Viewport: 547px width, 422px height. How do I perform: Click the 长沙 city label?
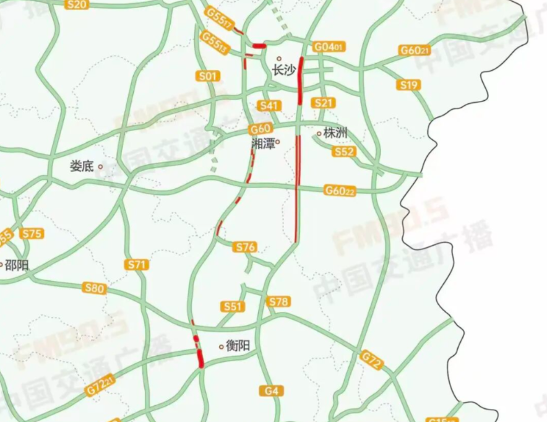pyautogui.click(x=285, y=71)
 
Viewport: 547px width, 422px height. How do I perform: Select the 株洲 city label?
pyautogui.click(x=336, y=133)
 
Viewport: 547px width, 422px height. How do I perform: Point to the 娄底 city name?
pyautogui.click(x=82, y=166)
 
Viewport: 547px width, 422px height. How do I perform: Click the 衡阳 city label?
pyautogui.click(x=238, y=346)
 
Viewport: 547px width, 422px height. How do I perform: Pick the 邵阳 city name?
pyautogui.click(x=17, y=266)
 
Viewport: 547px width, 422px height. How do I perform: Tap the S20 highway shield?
pyautogui.click(x=77, y=4)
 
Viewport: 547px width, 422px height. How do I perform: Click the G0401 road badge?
pyautogui.click(x=328, y=47)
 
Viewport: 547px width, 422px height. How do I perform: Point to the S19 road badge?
pyautogui.click(x=409, y=85)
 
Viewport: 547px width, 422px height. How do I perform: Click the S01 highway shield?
pyautogui.click(x=209, y=76)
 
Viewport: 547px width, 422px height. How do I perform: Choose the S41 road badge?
pyautogui.click(x=269, y=106)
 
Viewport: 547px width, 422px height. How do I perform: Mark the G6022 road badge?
pyautogui.click(x=340, y=191)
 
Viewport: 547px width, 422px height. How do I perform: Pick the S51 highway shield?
pyautogui.click(x=233, y=306)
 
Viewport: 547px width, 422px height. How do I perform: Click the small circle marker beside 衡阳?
pyautogui.click(x=222, y=347)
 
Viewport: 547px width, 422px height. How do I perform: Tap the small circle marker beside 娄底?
pyautogui.click(x=100, y=166)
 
